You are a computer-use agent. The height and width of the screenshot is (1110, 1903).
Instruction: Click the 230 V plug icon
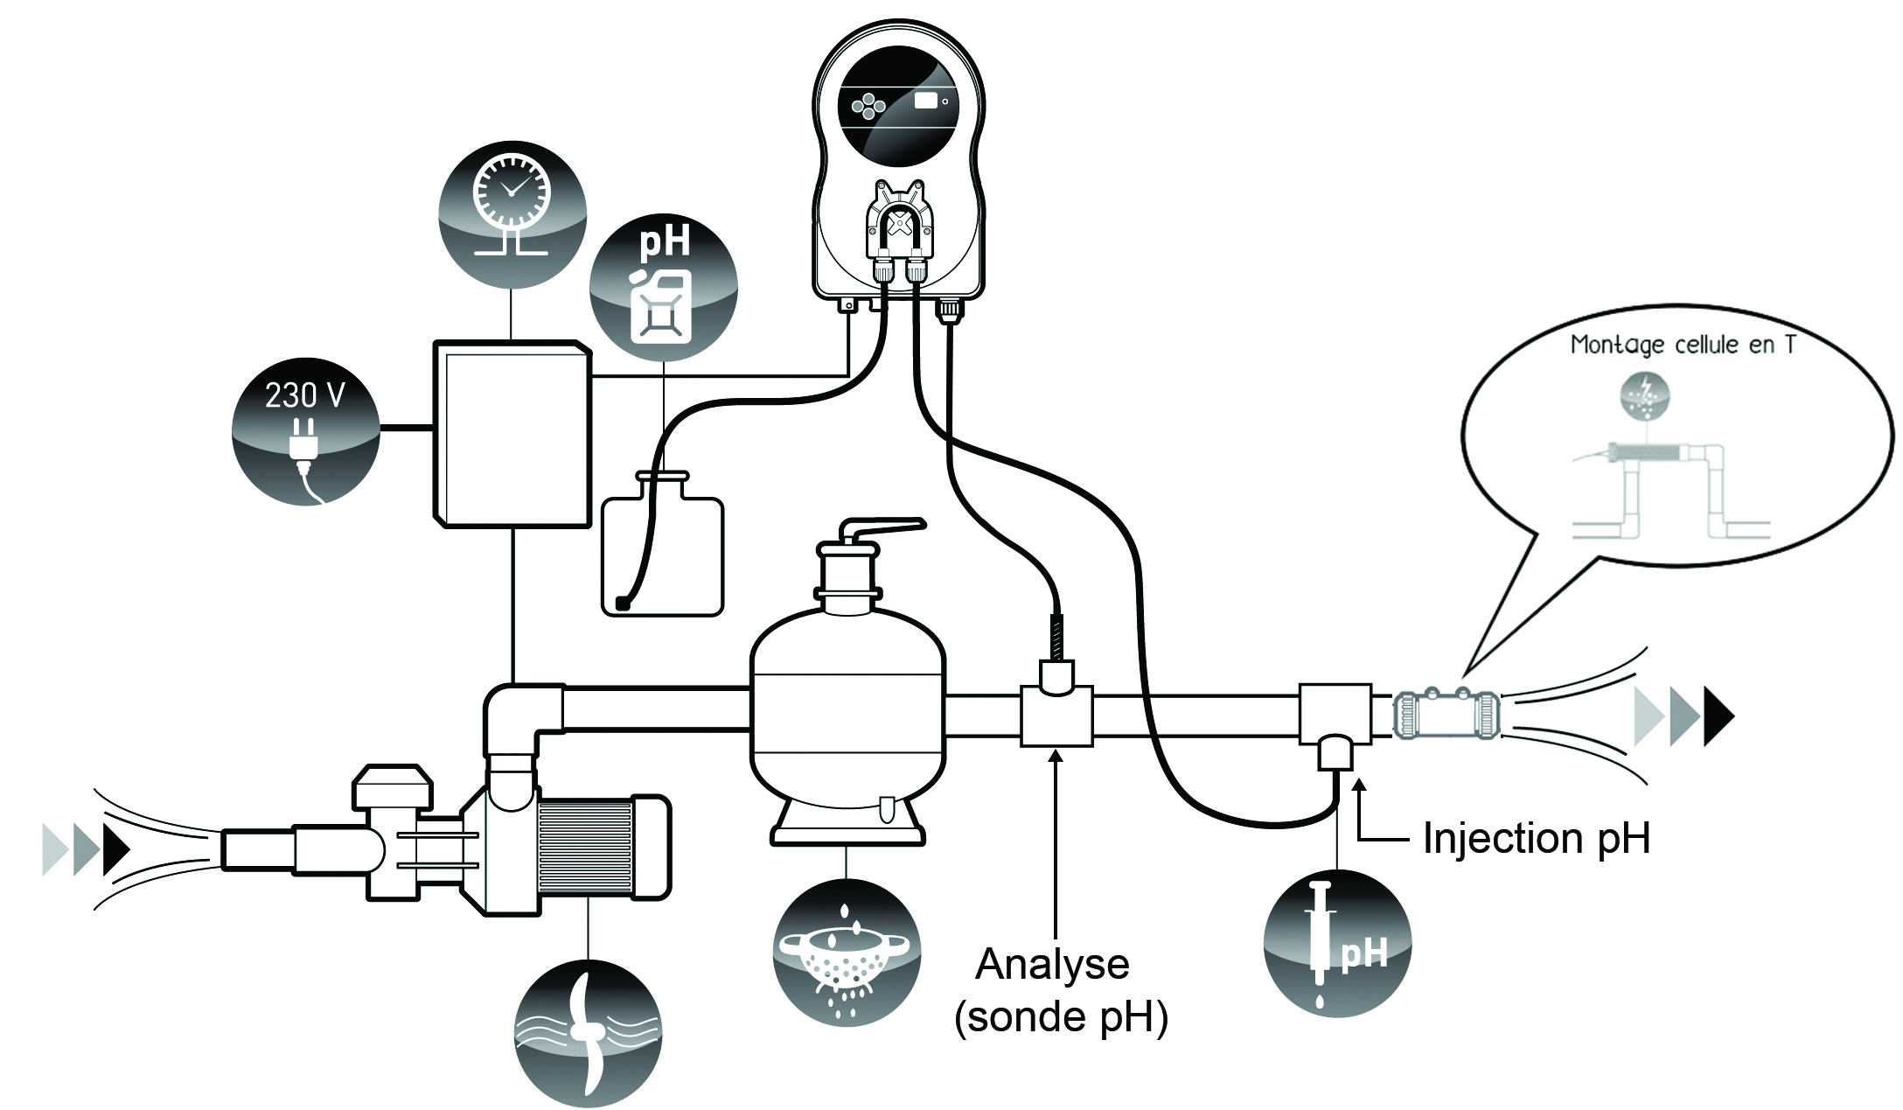pyautogui.click(x=305, y=431)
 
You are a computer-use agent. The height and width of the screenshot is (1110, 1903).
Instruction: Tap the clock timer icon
pyautogui.click(x=512, y=213)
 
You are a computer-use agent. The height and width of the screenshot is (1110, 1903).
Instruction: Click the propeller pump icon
pyautogui.click(x=588, y=1033)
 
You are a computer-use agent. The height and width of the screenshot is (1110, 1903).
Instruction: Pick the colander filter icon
pyautogui.click(x=847, y=953)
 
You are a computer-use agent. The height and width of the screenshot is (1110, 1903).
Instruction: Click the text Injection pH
pyautogui.click(x=1536, y=838)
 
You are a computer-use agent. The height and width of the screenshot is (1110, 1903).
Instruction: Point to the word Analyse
pyautogui.click(x=1052, y=964)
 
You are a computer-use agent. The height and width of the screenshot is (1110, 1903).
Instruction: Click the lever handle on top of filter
pyautogui.click(x=883, y=528)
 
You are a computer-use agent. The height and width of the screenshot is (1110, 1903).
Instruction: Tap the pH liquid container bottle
pyautogui.click(x=663, y=551)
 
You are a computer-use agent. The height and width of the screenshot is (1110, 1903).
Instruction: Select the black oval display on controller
pyautogui.click(x=898, y=105)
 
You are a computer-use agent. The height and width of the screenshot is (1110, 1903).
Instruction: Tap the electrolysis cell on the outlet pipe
pyautogui.click(x=1446, y=716)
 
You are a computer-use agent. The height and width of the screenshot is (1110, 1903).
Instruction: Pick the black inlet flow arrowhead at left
pyautogui.click(x=116, y=849)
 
